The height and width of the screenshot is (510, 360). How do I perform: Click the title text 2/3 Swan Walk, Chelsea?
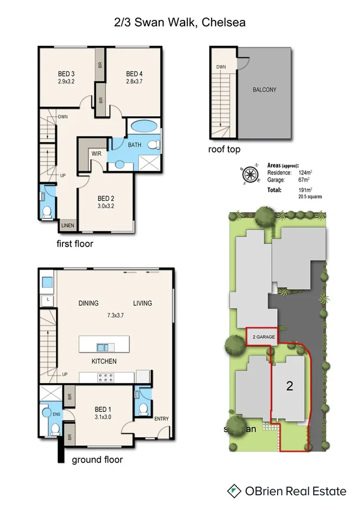tap(180, 22)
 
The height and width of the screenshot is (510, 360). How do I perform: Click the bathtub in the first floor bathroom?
tap(143, 127)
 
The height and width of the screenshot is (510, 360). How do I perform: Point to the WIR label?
tap(96, 154)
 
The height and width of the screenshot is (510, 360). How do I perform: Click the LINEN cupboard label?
tap(68, 226)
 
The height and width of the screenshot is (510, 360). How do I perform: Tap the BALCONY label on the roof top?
tap(264, 90)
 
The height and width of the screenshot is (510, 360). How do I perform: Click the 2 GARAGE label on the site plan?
tap(263, 337)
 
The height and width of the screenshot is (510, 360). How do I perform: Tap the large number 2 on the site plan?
tap(289, 387)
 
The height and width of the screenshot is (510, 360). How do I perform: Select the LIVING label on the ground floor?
tap(142, 304)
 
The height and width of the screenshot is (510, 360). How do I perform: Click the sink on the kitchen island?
tap(103, 346)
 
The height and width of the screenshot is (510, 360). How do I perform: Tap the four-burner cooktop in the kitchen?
tap(106, 378)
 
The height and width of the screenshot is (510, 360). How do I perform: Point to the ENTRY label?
tap(161, 419)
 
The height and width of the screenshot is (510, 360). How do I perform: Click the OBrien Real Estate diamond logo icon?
tap(234, 491)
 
